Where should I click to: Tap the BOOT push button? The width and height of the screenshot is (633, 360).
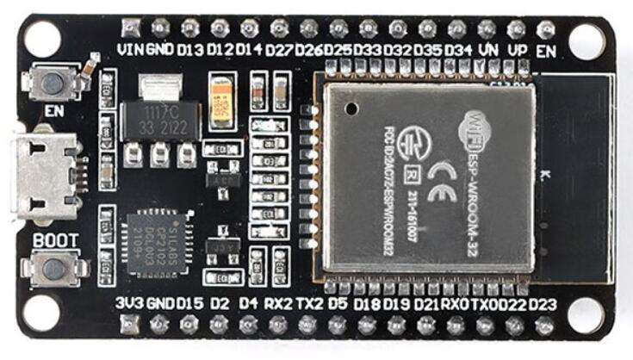(53, 269)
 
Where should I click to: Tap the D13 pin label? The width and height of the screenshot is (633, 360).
(189, 49)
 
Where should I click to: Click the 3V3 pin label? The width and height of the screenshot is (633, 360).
(129, 303)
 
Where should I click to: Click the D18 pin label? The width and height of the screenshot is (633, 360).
(367, 303)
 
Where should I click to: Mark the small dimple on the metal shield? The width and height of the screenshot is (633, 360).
(351, 108)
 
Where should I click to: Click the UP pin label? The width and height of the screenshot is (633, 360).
(517, 49)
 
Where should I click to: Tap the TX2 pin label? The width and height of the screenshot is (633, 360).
(308, 303)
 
